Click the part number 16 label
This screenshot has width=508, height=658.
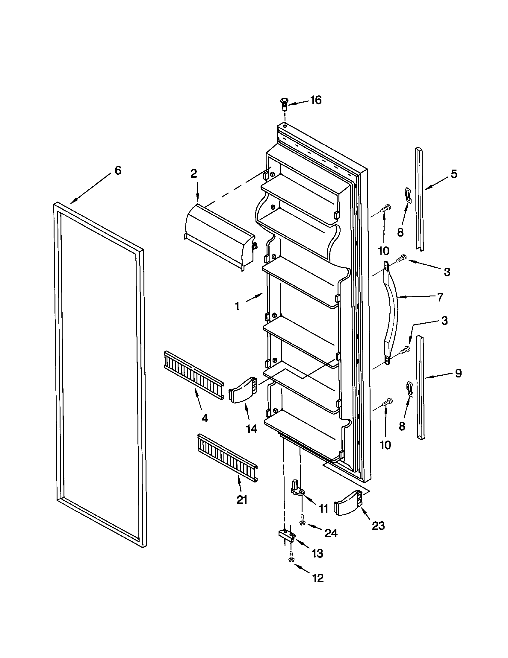pos(316,100)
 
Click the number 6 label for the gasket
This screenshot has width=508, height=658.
pos(118,170)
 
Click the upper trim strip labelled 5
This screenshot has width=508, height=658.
pos(419,199)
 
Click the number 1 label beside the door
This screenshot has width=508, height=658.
pos(237,306)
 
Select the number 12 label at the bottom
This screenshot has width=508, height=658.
pos(318,578)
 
